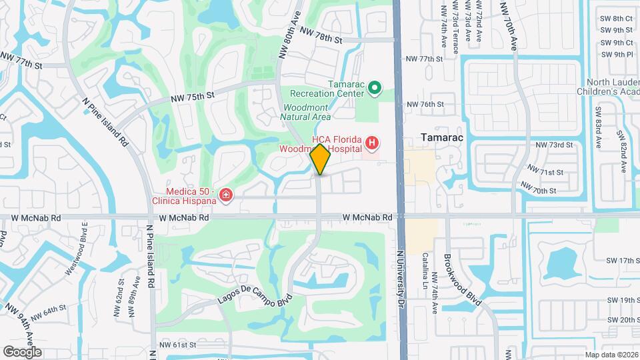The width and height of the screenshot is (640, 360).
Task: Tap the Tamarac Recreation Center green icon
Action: point(375,88)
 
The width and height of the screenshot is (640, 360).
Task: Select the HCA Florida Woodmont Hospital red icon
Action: point(371,142)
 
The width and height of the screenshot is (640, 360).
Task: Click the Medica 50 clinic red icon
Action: point(226,195)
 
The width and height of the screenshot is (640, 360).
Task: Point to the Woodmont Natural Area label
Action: point(307,112)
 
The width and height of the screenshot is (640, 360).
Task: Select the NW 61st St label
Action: point(178,345)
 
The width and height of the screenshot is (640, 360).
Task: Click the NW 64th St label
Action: point(47,313)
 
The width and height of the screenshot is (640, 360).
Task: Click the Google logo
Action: point(22,352)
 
